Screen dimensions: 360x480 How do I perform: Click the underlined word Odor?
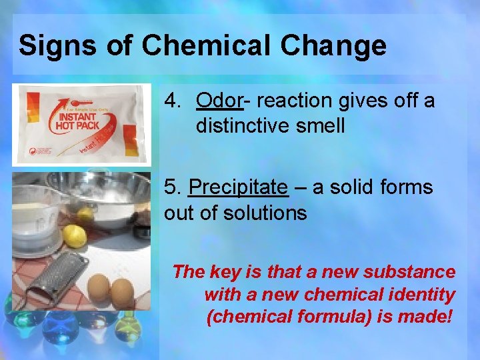point(219,101)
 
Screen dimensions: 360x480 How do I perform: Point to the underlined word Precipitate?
point(239,187)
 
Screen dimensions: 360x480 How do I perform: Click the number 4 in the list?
point(173,101)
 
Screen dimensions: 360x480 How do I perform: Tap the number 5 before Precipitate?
point(172,188)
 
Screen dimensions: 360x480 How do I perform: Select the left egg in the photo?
point(99,288)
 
